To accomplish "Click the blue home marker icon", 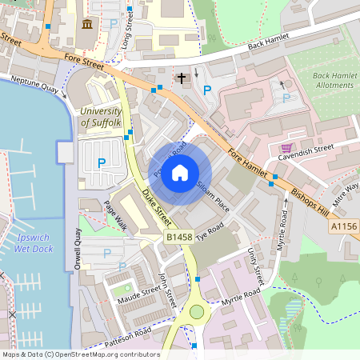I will tap(180, 172).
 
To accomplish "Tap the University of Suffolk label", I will tap(101, 117).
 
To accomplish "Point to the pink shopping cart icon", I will tap(286, 148).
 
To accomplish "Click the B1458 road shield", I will tap(179, 238).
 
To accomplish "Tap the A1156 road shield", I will tap(345, 227).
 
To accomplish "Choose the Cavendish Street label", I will tap(313, 148).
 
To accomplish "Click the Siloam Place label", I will tap(213, 195).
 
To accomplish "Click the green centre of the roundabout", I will tap(196, 312).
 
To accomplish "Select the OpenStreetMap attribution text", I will tap(80, 354).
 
